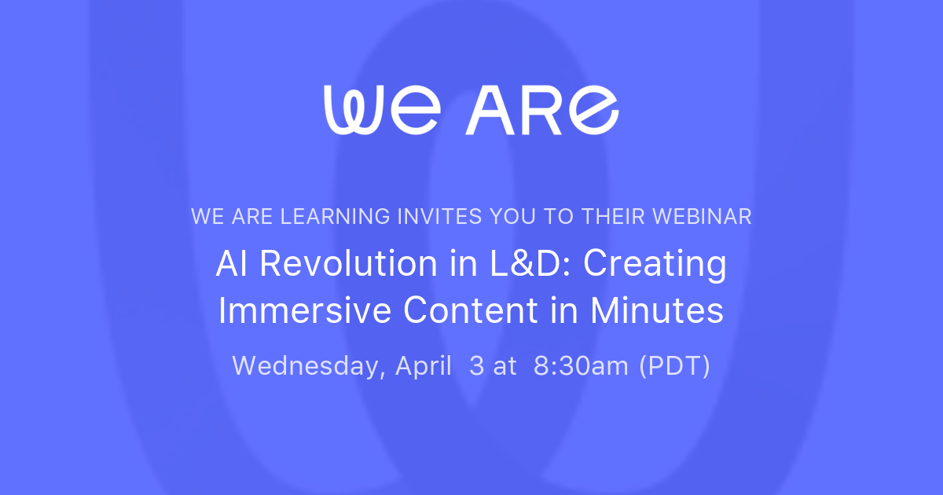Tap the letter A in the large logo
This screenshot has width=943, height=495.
click(490, 110)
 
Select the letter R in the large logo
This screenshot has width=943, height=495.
click(540, 110)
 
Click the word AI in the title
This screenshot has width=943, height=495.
click(233, 264)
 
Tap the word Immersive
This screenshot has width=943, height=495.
click(304, 311)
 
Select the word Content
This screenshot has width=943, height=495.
click(465, 311)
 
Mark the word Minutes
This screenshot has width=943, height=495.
click(657, 311)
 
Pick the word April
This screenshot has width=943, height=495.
click(424, 366)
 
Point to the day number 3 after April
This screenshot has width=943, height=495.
click(476, 366)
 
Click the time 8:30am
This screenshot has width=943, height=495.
click(582, 366)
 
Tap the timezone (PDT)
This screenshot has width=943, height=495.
click(675, 366)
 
